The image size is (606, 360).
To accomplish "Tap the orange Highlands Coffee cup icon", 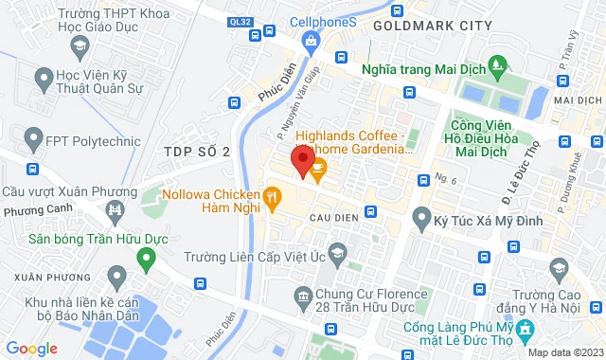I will point(318,170).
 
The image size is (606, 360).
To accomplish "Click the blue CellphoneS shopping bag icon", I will point(311,40).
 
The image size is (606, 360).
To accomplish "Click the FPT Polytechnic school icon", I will point(31,140).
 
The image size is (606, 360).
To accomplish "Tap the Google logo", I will point(30,348).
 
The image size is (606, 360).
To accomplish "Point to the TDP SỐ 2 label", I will point(196,152).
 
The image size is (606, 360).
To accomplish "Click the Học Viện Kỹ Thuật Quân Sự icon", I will point(44,77).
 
